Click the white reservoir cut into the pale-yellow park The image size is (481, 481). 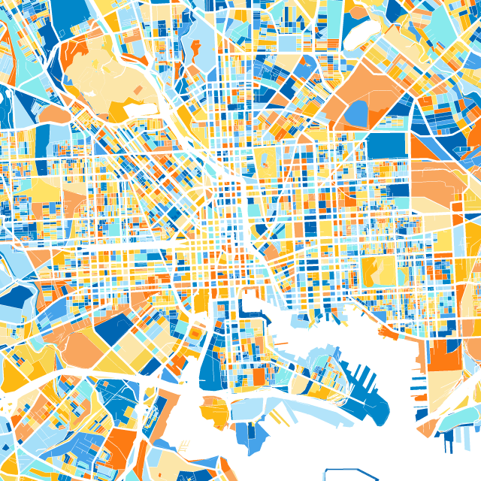click(x=139, y=110)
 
